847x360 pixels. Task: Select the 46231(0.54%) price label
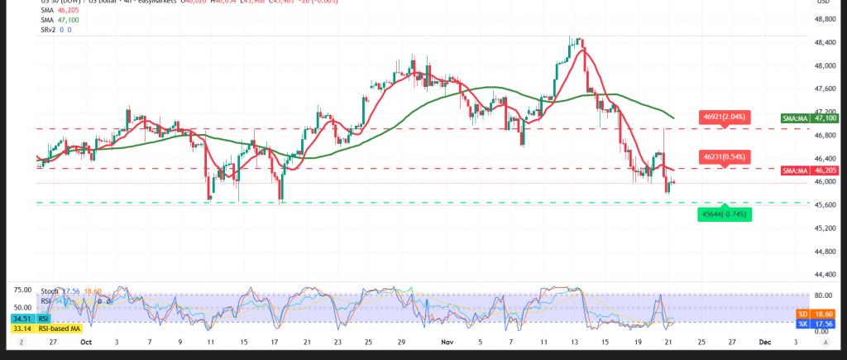point(724,156)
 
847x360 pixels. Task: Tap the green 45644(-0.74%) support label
point(724,214)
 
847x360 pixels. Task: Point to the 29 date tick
point(401,340)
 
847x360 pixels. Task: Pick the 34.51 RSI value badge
point(18,319)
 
